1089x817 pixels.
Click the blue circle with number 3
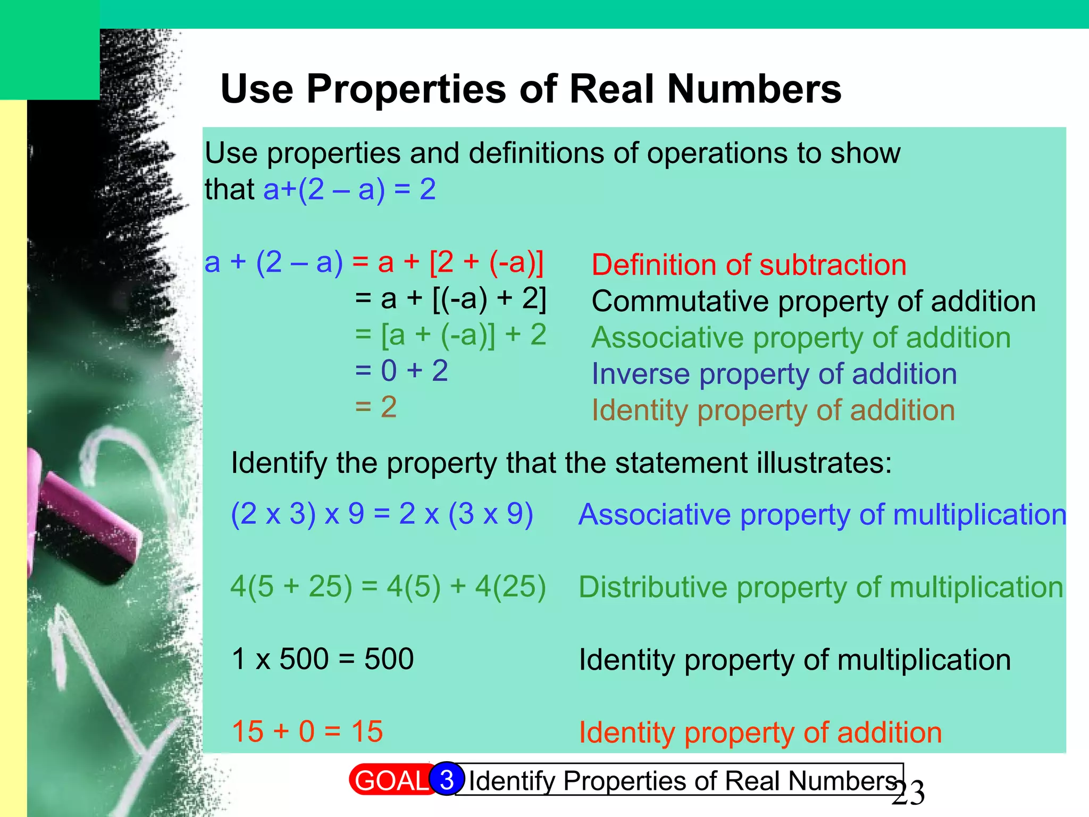447,779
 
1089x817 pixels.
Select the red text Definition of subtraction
749,265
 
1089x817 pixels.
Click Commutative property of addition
814,302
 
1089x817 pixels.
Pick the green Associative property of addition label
801,338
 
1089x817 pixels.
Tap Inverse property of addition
774,374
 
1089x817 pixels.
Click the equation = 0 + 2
401,371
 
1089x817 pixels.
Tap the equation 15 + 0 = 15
307,731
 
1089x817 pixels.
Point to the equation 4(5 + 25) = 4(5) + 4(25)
388,587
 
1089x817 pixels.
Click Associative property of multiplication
822,515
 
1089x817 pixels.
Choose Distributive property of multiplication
820,588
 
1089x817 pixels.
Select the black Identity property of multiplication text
794,660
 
